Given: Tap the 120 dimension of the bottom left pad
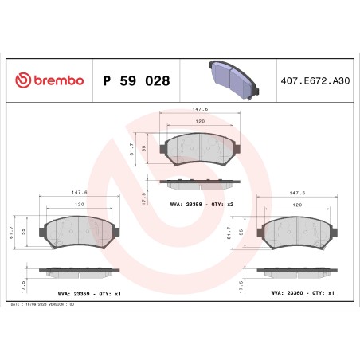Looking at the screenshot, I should click(80, 205).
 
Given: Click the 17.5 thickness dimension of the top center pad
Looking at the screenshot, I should click(143, 198).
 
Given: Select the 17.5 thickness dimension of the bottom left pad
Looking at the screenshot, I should click(25, 284).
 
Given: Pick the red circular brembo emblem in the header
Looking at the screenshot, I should click(24, 81).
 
